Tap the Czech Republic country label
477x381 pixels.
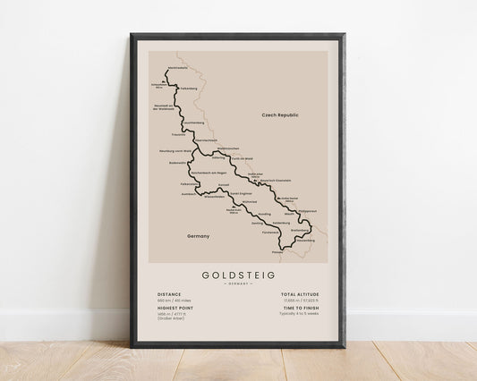(x=278, y=115)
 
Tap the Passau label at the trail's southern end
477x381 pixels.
(x=277, y=251)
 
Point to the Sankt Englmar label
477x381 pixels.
(x=243, y=191)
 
